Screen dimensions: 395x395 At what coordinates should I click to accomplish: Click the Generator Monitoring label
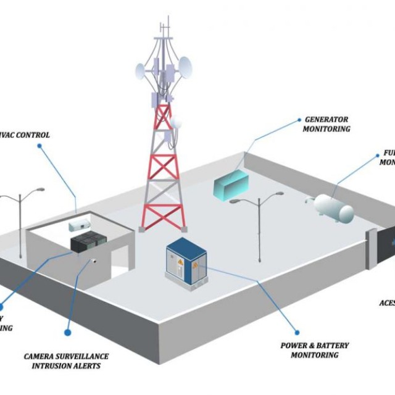pos(327,124)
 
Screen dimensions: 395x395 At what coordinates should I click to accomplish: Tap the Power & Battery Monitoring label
pos(314,350)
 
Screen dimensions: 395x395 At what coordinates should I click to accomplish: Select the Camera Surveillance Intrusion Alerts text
pos(66,361)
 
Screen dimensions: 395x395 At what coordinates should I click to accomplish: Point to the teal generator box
pos(231,184)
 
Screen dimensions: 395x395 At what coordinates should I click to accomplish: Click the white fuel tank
pos(334,208)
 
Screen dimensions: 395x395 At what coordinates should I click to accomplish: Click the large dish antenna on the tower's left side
pos(143,71)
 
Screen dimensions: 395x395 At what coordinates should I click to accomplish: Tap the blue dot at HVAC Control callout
pos(39,146)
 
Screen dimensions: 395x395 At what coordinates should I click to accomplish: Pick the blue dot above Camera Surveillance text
pos(68,333)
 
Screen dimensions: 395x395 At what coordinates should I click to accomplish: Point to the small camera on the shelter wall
pos(96,260)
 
